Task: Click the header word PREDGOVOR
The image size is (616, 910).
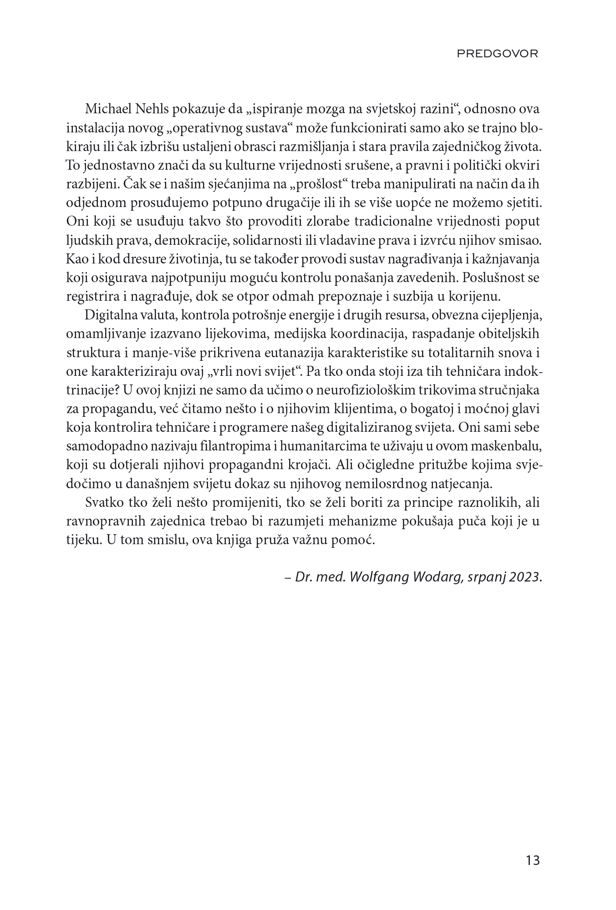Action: click(497, 54)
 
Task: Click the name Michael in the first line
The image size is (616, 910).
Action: click(105, 110)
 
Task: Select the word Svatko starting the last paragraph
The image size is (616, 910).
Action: click(103, 503)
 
